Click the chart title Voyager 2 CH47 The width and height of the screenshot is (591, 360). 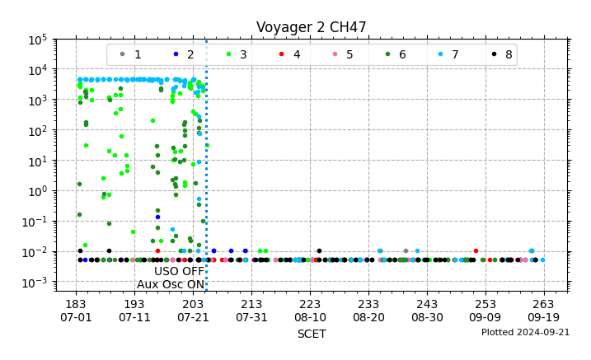coord(312,27)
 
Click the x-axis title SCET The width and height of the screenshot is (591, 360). coord(312,334)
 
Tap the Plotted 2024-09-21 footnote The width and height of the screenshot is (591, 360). coord(525,333)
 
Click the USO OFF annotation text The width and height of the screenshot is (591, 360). coord(179,271)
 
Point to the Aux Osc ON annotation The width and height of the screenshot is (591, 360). coord(171,285)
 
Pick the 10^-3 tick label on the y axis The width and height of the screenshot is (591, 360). coord(36,283)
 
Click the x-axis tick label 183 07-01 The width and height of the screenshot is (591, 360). coord(76,311)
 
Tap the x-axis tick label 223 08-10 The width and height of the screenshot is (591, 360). coord(310,311)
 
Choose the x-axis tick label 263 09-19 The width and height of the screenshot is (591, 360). coord(544,311)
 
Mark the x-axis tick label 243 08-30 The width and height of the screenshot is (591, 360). coord(427,311)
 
